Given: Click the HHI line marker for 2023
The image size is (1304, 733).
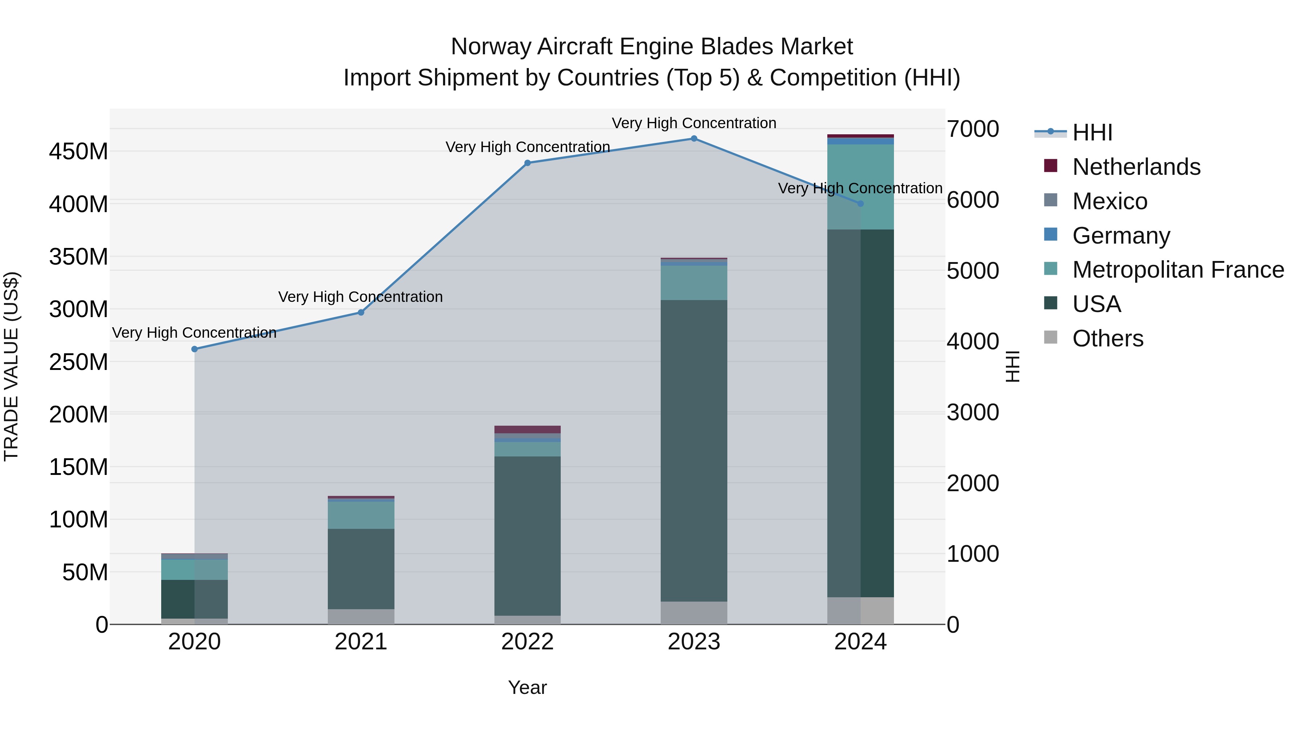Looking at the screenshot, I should pos(694,139).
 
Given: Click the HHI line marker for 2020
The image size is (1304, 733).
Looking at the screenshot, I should pos(195,349).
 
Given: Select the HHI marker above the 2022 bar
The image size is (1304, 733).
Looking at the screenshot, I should pos(527,163).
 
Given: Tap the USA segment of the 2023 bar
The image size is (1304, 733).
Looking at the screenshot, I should pos(694,450).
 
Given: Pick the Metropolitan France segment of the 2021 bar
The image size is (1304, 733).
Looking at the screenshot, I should pos(361,515).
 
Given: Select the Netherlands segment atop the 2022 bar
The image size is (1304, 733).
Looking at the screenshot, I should pos(527,429).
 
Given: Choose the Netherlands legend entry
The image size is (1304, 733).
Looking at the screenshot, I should pos(1136,167).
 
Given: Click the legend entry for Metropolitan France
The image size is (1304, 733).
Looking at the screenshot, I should pos(1178,270).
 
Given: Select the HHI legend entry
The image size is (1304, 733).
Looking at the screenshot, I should pos(1092,132).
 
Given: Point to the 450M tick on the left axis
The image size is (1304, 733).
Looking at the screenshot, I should pos(79,151).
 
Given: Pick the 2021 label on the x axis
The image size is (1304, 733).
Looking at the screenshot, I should pos(361,642).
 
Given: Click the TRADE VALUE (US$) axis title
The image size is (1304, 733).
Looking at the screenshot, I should pos(11,366).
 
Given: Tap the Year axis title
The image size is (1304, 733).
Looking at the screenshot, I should pos(527,687).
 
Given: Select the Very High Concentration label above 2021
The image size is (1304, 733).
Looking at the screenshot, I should pos(360,297).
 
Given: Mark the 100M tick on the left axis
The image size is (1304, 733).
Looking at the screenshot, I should pos(79,519).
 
